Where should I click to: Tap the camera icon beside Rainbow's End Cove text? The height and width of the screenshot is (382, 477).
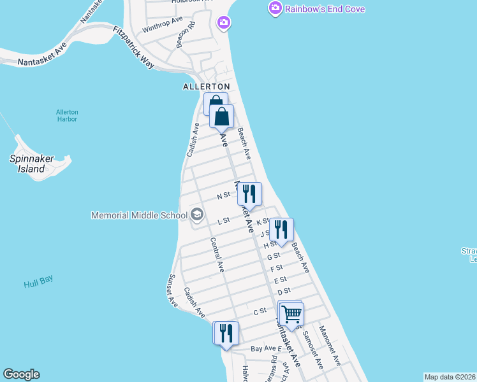click(x=275, y=8)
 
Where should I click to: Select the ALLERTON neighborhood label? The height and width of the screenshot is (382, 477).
click(x=206, y=86)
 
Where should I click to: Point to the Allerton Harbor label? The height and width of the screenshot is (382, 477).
click(x=66, y=115)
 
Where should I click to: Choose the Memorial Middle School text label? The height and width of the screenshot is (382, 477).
click(x=139, y=215)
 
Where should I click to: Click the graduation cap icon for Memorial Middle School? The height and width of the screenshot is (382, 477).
click(x=197, y=215)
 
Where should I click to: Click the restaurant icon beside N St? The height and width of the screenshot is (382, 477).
click(x=249, y=194)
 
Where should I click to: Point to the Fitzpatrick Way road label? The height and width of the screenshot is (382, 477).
click(x=133, y=47)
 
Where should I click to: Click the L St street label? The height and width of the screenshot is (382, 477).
click(x=223, y=222)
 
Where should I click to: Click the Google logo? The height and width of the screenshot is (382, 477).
click(x=21, y=374)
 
